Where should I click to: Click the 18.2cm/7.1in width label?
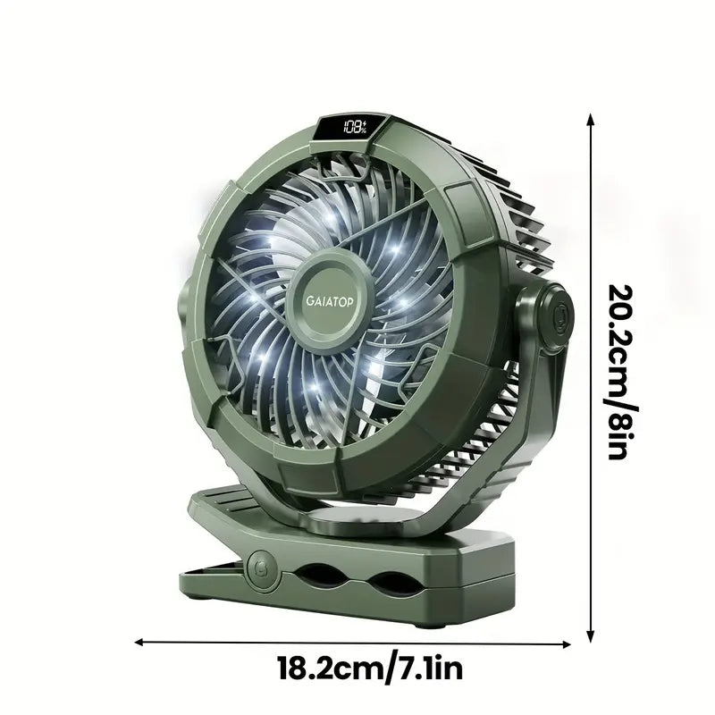point(369,668)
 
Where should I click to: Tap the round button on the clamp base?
point(262,565)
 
